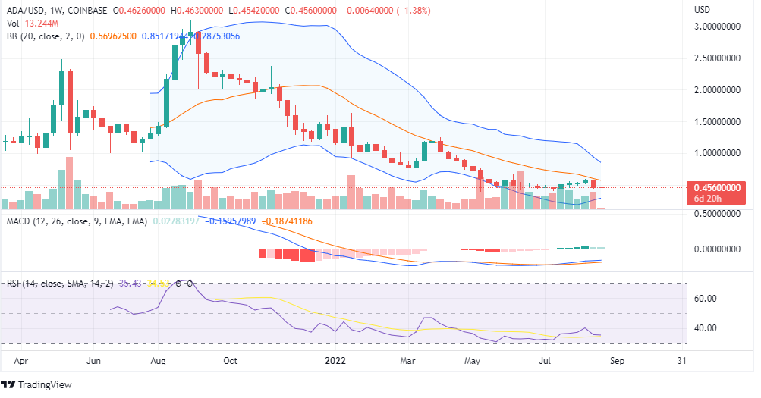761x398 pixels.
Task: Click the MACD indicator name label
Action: [x=19, y=221]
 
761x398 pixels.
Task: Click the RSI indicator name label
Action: [x=14, y=284]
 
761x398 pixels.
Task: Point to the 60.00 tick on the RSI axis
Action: [x=706, y=298]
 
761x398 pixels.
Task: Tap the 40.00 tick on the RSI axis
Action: [x=706, y=328]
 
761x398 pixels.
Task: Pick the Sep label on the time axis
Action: [x=617, y=361]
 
